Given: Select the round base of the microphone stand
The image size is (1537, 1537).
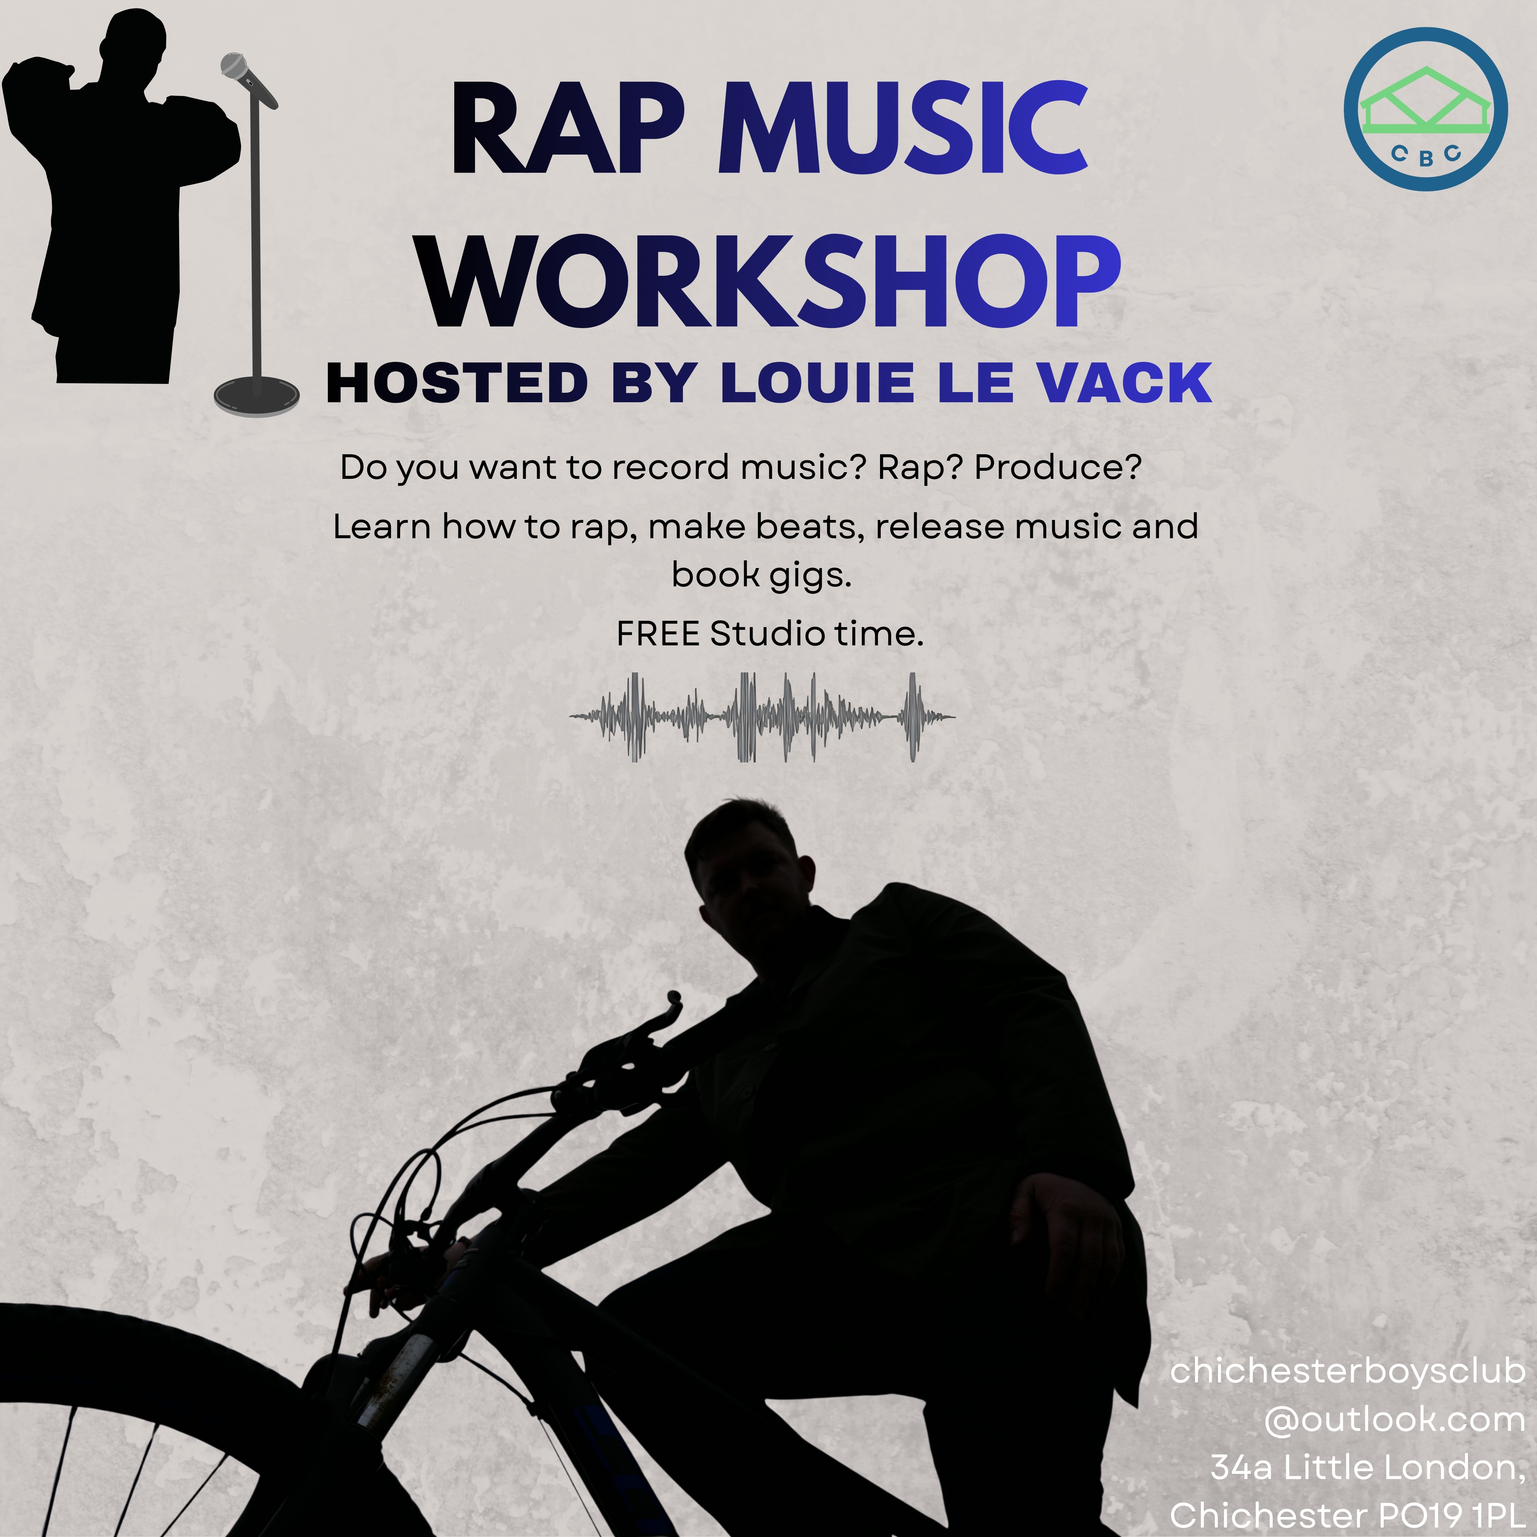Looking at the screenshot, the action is (256, 394).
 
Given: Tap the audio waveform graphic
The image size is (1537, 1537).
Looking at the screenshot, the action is (762, 717).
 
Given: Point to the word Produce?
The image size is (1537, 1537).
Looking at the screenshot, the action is (1058, 467).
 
